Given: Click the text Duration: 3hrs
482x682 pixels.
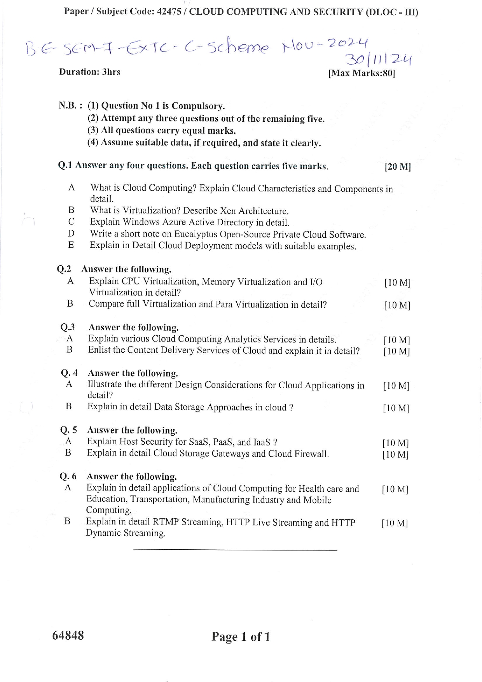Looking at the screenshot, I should [90, 72].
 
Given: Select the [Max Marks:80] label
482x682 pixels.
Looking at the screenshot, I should [361, 73].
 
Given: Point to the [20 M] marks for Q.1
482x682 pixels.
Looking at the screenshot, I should [397, 167].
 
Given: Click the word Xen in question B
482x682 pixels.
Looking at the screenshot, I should [228, 211].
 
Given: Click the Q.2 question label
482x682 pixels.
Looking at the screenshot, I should [64, 269].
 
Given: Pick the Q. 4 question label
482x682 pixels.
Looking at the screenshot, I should [69, 373].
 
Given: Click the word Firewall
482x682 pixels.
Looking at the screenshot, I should [311, 454].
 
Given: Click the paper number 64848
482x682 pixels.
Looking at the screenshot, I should [68, 635].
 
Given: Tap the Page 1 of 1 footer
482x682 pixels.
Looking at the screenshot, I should [241, 637].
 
